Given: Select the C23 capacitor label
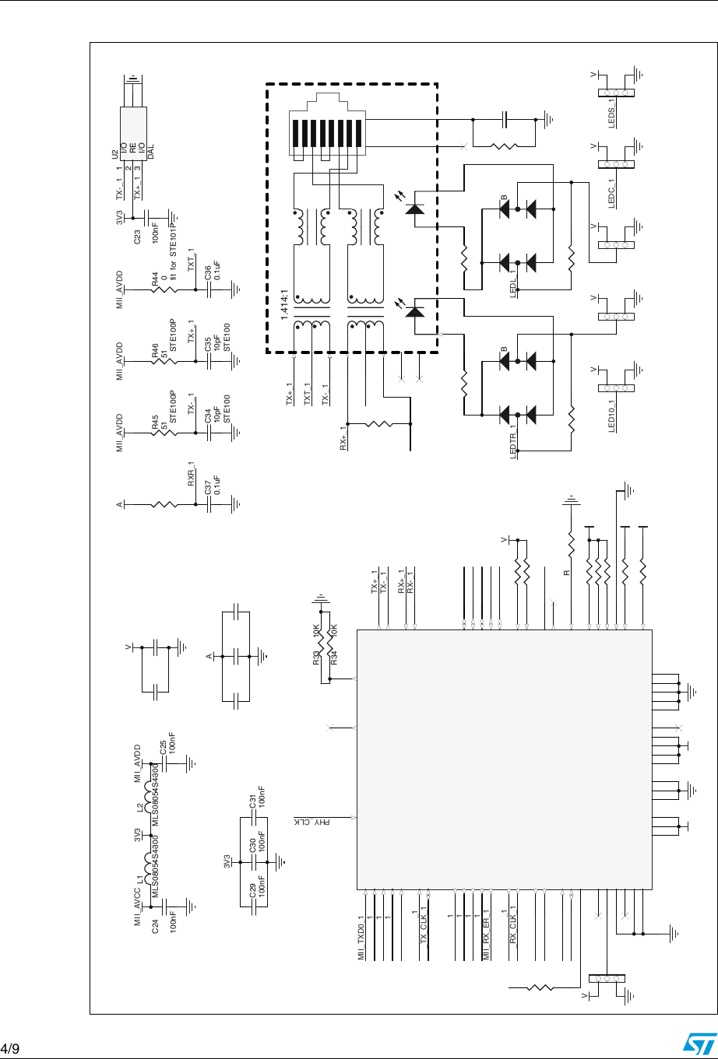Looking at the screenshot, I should [x=137, y=236].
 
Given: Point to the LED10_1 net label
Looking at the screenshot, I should [x=612, y=413].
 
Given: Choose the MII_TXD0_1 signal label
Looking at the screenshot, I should [x=361, y=938].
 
